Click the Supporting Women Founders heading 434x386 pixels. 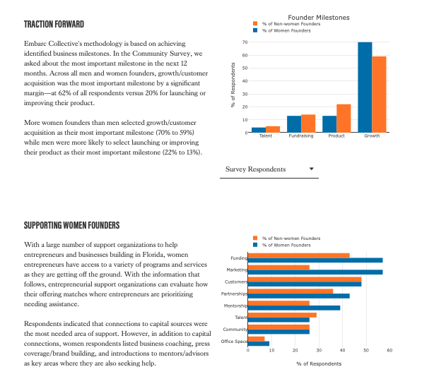pyautogui.click(x=72, y=225)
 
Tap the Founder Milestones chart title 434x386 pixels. pyautogui.click(x=319, y=17)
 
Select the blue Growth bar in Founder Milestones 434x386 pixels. pyautogui.click(x=365, y=87)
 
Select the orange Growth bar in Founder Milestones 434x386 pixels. pyautogui.click(x=380, y=94)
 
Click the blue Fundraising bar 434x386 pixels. pyautogui.click(x=294, y=123)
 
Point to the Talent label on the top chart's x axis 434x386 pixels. pyautogui.click(x=266, y=136)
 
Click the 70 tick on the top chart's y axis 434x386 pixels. pyautogui.click(x=244, y=42)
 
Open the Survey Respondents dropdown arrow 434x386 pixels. pyautogui.click(x=312, y=169)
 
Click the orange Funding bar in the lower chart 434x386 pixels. pyautogui.click(x=299, y=255)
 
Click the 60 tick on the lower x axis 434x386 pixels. pyautogui.click(x=389, y=350)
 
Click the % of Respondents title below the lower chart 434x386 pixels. pyautogui.click(x=319, y=363)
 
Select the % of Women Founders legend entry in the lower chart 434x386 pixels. pyautogui.click(x=286, y=245)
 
